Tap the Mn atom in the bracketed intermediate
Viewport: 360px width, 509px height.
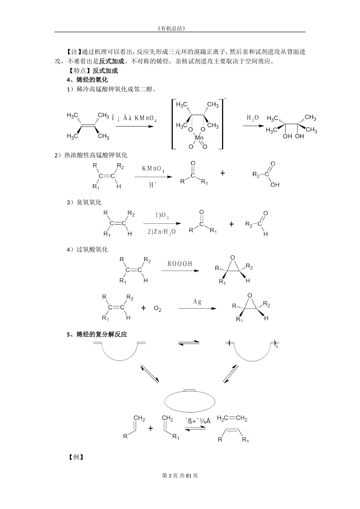(199, 138)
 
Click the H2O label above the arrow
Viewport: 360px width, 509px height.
(253, 118)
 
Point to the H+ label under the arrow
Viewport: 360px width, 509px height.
(153, 185)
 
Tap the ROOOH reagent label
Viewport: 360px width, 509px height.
(180, 264)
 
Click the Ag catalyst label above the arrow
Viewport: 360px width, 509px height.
(197, 302)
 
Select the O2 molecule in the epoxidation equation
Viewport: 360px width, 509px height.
(158, 309)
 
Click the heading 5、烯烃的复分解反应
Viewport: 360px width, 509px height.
(97, 334)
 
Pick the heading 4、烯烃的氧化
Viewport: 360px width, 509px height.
(88, 80)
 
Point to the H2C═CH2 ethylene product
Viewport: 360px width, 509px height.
(232, 418)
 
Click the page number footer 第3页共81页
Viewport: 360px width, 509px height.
(180, 475)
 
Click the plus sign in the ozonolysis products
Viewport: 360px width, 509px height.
(232, 224)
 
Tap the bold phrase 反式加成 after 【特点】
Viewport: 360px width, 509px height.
(105, 70)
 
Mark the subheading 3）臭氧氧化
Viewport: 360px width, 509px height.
(84, 203)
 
